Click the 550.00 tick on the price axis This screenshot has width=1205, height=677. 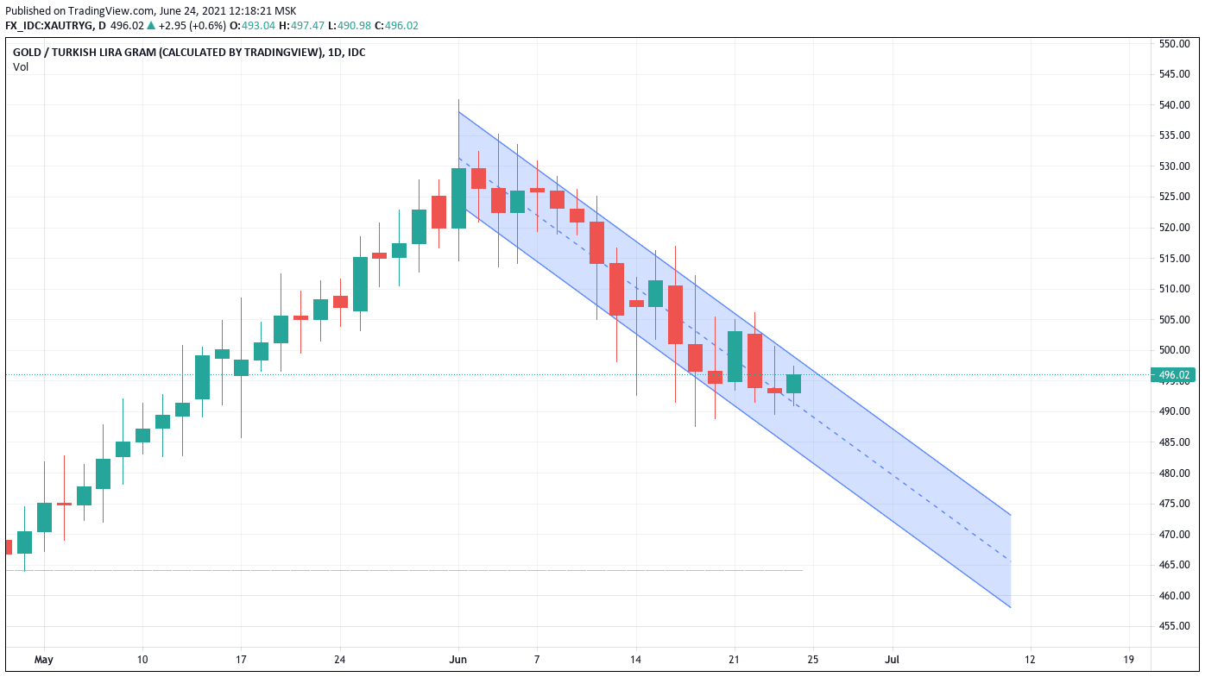tap(1175, 43)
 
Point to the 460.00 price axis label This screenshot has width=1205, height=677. tap(1175, 596)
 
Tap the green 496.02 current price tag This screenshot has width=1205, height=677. tap(1174, 375)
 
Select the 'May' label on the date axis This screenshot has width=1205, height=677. tap(44, 660)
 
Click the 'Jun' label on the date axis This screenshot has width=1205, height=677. tap(458, 660)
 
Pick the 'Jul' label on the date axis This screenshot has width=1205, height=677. tap(893, 660)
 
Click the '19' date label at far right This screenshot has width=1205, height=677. tap(1128, 660)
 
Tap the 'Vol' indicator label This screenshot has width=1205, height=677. tap(21, 67)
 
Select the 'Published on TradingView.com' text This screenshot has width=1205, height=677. tap(78, 10)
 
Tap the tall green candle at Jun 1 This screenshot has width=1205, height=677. tap(458, 197)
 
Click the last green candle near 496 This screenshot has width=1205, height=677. tap(793, 384)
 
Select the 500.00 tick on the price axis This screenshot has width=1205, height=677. tap(1175, 350)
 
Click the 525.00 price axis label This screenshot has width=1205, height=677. tap(1175, 197)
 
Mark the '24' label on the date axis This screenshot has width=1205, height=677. tap(339, 660)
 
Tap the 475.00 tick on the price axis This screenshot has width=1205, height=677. tap(1175, 504)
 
